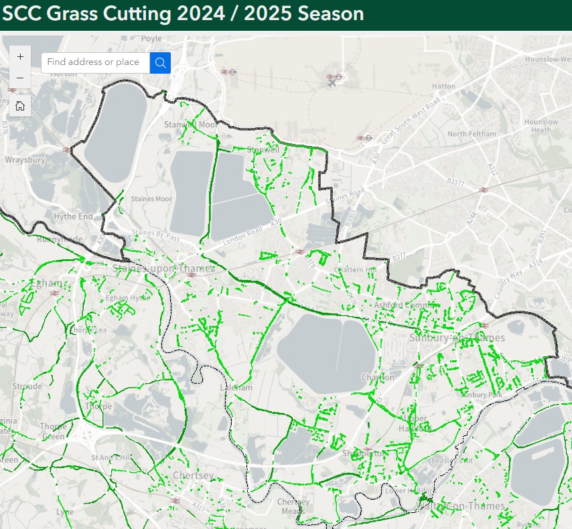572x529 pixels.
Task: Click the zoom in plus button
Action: [20, 57]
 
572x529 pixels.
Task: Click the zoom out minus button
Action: [20, 78]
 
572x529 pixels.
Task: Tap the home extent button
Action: [20, 105]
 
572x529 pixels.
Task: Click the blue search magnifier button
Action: [160, 62]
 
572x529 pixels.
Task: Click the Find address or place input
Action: [95, 62]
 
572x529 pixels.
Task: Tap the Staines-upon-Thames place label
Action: [164, 269]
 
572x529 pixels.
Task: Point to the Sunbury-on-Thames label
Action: [457, 337]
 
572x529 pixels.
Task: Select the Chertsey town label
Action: [193, 475]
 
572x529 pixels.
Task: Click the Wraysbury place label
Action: [25, 160]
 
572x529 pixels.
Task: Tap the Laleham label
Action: [236, 388]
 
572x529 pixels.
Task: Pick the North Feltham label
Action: [472, 134]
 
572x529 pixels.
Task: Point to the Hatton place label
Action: [443, 86]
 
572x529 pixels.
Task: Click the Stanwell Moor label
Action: [191, 125]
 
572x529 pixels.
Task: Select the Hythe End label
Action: [73, 217]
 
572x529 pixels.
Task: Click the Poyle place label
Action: [151, 39]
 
